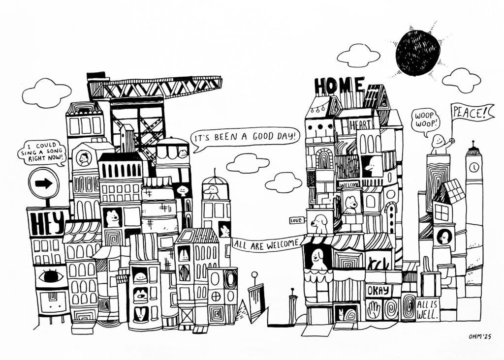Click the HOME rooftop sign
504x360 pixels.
pos(339,86)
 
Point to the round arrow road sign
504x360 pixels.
pos(44,183)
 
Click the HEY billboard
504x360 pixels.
pos(46,222)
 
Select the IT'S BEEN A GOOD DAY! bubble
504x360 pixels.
pos(245,136)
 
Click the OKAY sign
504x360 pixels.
pos(378,290)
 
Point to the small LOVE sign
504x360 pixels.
pos(297,220)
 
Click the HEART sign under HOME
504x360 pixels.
pos(361,125)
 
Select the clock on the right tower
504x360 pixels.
pos(473,167)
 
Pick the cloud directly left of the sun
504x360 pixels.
pos(358,55)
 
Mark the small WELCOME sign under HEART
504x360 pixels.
pos(349,184)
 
